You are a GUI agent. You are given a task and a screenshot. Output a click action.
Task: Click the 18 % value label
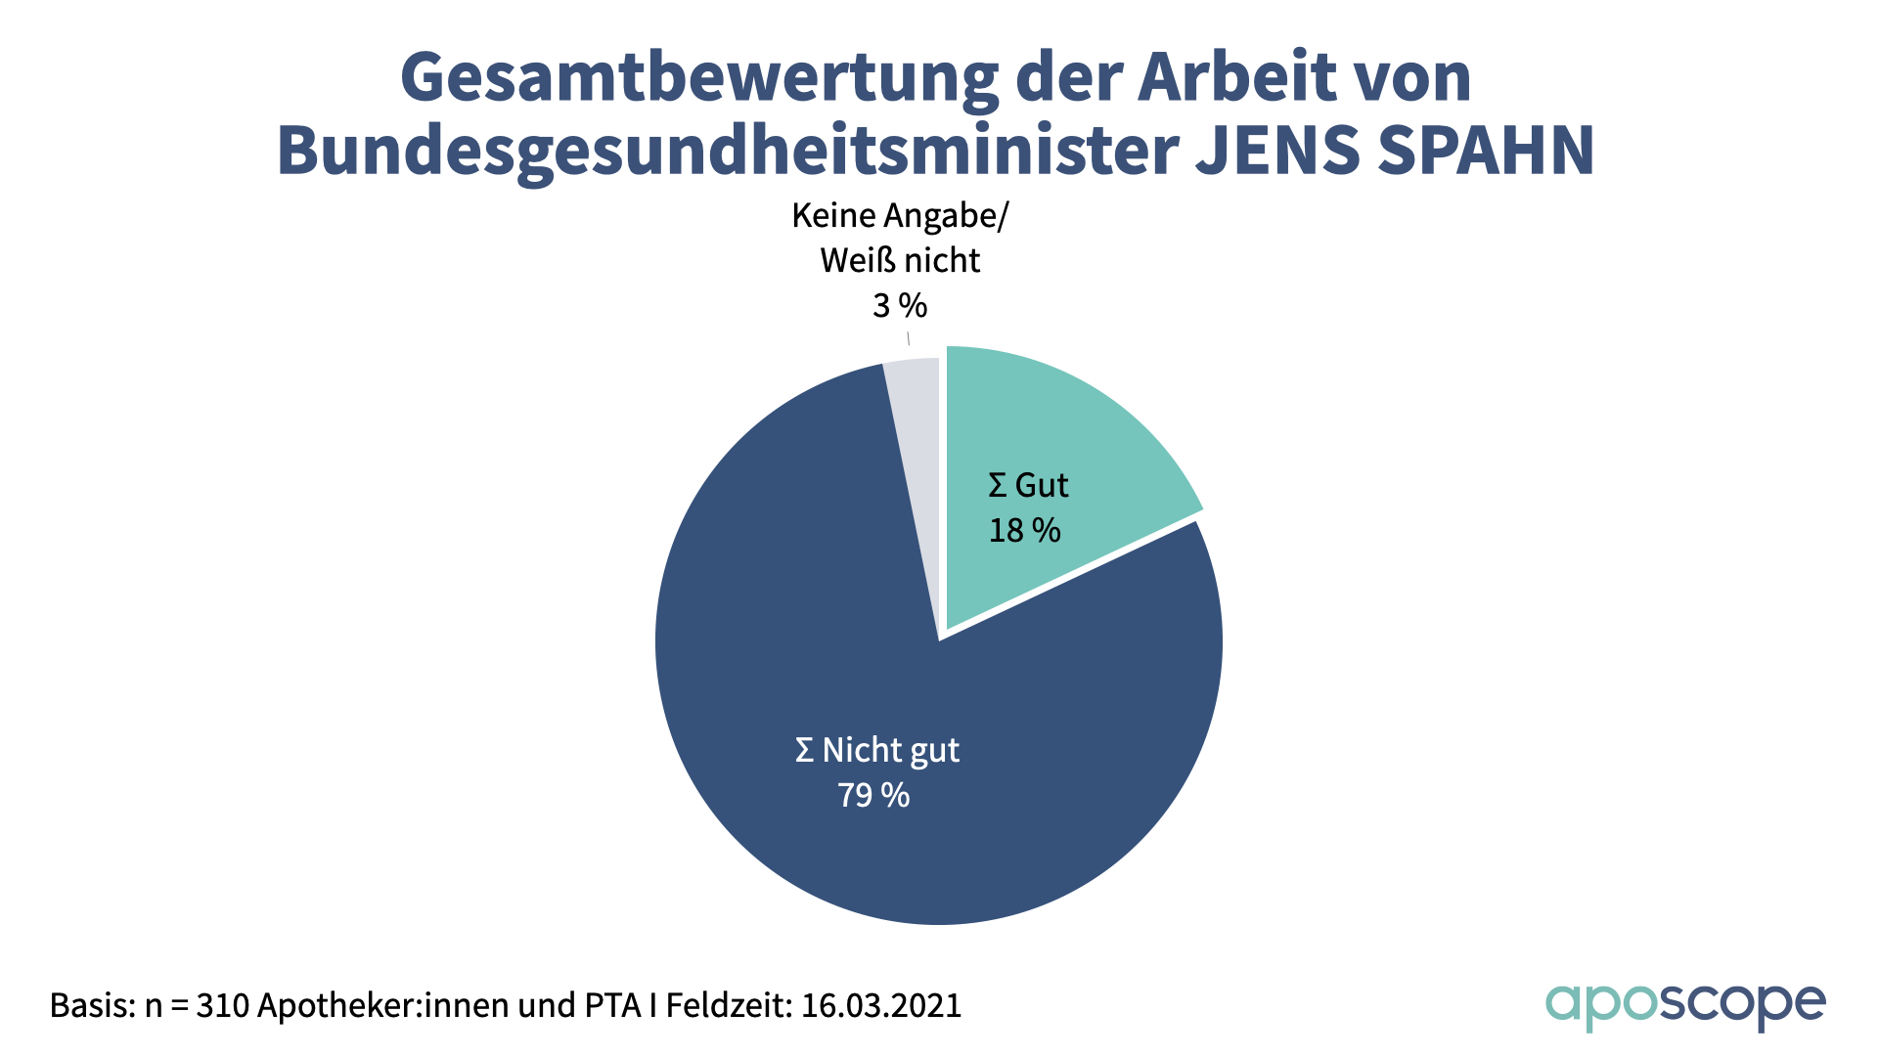coord(1024,531)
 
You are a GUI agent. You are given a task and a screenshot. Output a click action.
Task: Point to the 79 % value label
coord(873,796)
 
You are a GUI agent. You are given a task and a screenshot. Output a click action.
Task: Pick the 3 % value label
coord(900,306)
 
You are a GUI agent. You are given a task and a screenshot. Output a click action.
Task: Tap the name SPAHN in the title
coord(1486,152)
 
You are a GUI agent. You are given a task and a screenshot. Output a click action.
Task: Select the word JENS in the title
coord(1277,152)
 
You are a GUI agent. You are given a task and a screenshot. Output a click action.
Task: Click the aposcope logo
coord(1684,1005)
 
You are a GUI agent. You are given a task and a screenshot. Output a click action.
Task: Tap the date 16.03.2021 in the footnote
coord(881,1005)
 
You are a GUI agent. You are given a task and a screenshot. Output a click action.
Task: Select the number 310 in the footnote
coord(222,1005)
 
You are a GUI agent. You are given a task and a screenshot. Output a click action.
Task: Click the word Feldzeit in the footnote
coord(729,1005)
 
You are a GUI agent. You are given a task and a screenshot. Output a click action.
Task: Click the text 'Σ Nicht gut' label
coord(876,750)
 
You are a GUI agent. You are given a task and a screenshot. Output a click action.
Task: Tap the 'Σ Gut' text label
coord(1028,485)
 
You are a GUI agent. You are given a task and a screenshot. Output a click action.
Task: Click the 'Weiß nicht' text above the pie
coord(900,261)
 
